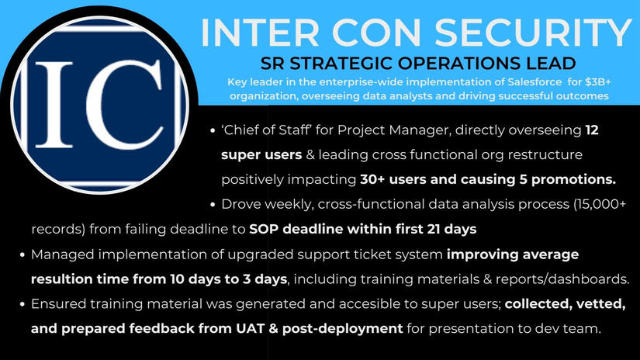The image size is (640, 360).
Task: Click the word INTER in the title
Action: (260, 33)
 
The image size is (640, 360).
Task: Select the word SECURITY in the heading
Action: (533, 33)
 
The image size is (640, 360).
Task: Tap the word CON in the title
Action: (376, 33)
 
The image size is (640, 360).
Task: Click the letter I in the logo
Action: (54, 105)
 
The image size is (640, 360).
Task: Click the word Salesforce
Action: (534, 82)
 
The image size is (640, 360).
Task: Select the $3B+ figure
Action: (597, 82)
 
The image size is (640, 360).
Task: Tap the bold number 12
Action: (592, 130)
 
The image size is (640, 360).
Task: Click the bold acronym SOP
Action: (264, 229)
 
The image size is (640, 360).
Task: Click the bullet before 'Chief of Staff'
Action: (213, 130)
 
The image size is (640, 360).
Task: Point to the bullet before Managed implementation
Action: (22, 255)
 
